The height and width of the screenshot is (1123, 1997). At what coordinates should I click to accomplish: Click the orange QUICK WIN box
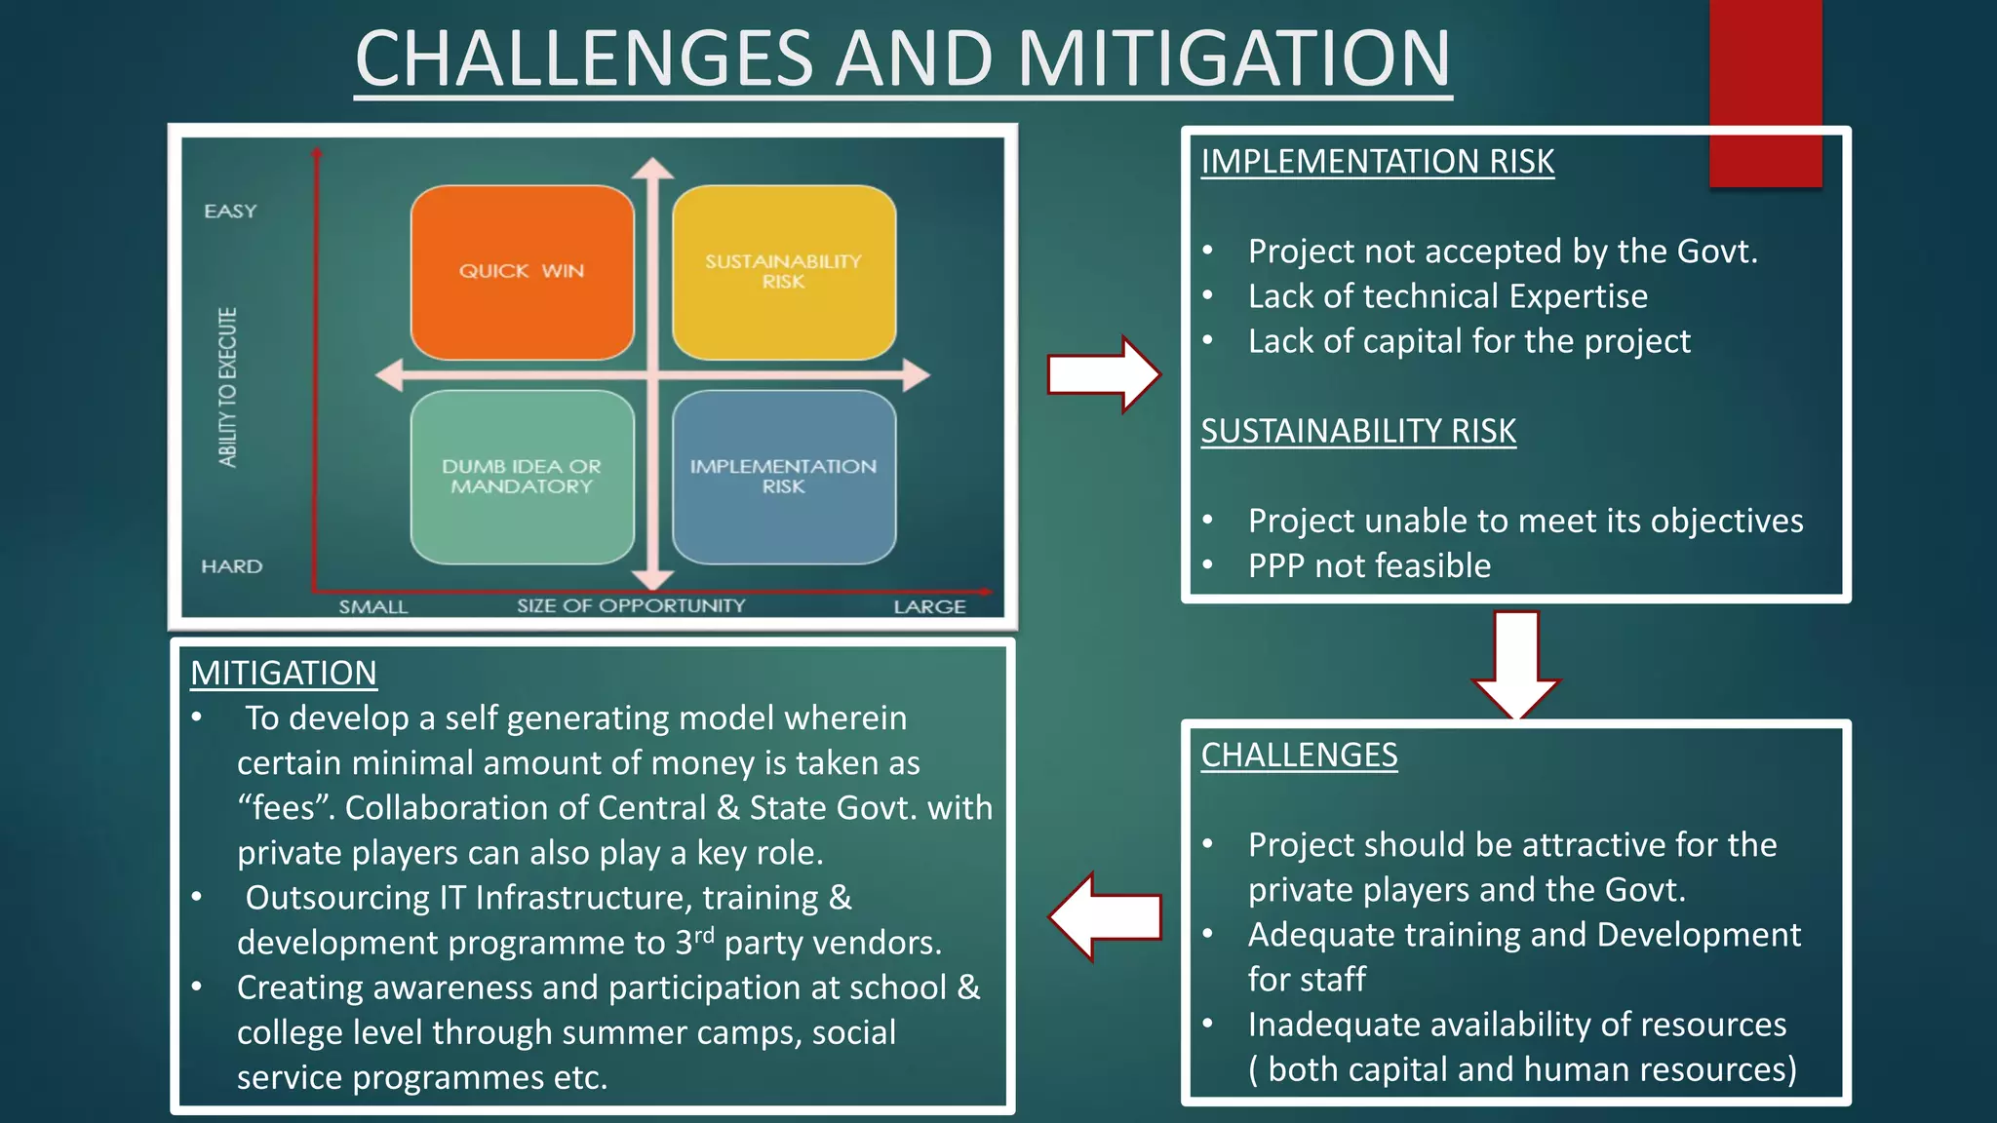tap(522, 272)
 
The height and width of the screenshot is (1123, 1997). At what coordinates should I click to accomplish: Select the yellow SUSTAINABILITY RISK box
tap(783, 272)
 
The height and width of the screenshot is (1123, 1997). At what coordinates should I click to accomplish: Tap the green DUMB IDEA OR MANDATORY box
tap(522, 477)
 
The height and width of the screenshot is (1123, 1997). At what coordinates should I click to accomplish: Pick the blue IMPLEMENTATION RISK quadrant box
tap(783, 477)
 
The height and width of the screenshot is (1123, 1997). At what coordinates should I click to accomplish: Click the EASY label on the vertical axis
tap(230, 212)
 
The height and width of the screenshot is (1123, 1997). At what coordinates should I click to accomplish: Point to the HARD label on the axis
tap(231, 566)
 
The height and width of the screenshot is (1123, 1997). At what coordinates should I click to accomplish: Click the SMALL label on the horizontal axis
tap(372, 607)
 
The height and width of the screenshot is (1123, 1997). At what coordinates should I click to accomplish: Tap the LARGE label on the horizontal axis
tap(929, 607)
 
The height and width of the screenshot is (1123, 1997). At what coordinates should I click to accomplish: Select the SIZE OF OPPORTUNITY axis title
tap(630, 606)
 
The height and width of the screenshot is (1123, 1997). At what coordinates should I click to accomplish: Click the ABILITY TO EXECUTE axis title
tap(227, 387)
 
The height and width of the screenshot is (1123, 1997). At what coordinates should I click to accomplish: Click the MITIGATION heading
tap(283, 674)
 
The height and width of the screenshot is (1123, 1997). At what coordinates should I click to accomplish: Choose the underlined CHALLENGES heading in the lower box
tap(1299, 755)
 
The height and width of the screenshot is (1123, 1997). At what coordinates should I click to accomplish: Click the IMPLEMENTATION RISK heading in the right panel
tap(1377, 162)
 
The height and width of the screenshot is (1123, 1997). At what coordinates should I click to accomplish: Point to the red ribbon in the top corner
tap(1765, 93)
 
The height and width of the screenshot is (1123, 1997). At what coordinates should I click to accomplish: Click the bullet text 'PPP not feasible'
tap(1369, 566)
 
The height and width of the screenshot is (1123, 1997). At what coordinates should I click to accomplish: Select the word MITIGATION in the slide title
tap(1233, 58)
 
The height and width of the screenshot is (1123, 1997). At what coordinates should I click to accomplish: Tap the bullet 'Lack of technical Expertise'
tap(1447, 296)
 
